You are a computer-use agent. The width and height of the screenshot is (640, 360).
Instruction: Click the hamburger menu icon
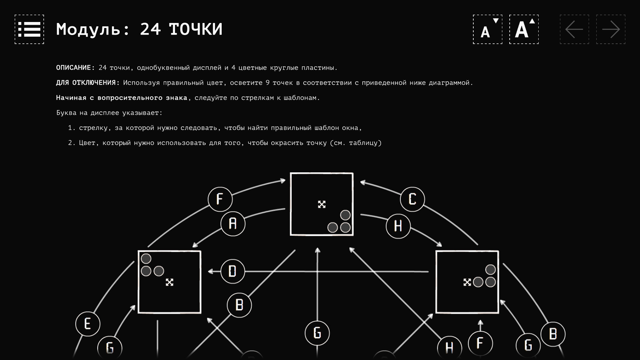point(29,29)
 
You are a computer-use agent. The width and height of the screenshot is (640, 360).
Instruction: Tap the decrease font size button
point(487,29)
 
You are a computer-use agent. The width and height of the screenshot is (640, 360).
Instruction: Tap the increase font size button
point(524,29)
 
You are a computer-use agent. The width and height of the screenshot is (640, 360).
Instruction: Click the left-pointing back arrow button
point(574,29)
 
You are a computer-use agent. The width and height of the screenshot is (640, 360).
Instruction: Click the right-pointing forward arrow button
point(611,29)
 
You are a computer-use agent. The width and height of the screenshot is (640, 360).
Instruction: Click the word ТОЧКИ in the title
point(196,29)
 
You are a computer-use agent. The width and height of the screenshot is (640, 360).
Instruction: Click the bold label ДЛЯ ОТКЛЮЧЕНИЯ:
point(88,83)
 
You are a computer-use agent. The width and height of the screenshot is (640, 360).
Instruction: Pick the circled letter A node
point(233,224)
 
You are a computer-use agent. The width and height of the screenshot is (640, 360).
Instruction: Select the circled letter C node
point(412,199)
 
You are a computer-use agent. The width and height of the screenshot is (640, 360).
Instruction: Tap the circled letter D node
point(233,271)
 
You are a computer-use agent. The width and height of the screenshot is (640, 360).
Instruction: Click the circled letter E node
point(88,324)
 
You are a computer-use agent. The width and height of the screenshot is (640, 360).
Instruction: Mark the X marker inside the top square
point(322,204)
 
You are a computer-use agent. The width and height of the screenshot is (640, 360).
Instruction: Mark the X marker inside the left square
point(170,282)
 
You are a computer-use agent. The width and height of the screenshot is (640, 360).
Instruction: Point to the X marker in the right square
point(467,282)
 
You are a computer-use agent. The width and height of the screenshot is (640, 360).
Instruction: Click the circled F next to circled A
point(220,199)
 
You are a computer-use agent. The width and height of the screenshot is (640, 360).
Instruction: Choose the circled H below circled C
point(398,226)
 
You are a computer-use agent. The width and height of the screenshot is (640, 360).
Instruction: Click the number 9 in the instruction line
point(267,83)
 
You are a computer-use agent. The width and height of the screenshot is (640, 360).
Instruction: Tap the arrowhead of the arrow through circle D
point(210,272)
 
